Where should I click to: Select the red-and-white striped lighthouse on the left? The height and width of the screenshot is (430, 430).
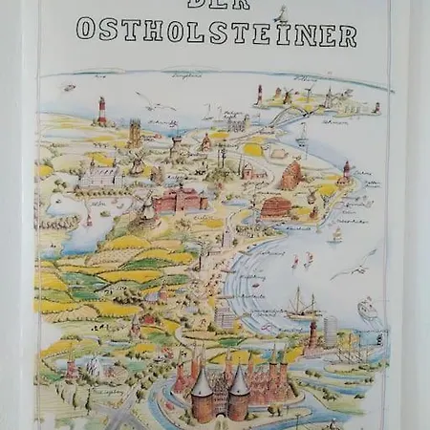(101, 111)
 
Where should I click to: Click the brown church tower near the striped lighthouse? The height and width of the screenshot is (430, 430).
(135, 132)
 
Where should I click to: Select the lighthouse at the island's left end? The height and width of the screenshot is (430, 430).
(258, 94)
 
